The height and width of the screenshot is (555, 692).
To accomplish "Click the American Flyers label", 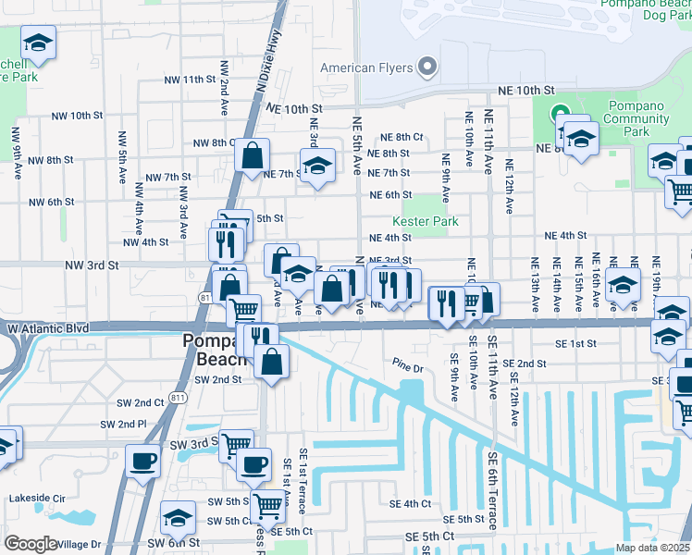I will (365, 68).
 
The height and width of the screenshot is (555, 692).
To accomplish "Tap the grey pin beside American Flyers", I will (426, 67).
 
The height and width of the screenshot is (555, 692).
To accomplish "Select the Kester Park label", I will (426, 222).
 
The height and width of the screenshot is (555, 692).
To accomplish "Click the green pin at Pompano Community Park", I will (560, 117).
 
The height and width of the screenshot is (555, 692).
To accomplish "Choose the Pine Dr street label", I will (406, 367).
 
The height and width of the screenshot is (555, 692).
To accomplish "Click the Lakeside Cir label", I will (37, 498).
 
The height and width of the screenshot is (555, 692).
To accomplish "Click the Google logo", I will (31, 543).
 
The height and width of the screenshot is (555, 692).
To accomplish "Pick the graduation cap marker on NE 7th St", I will (317, 166).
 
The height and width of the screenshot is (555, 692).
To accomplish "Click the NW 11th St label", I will (186, 80).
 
